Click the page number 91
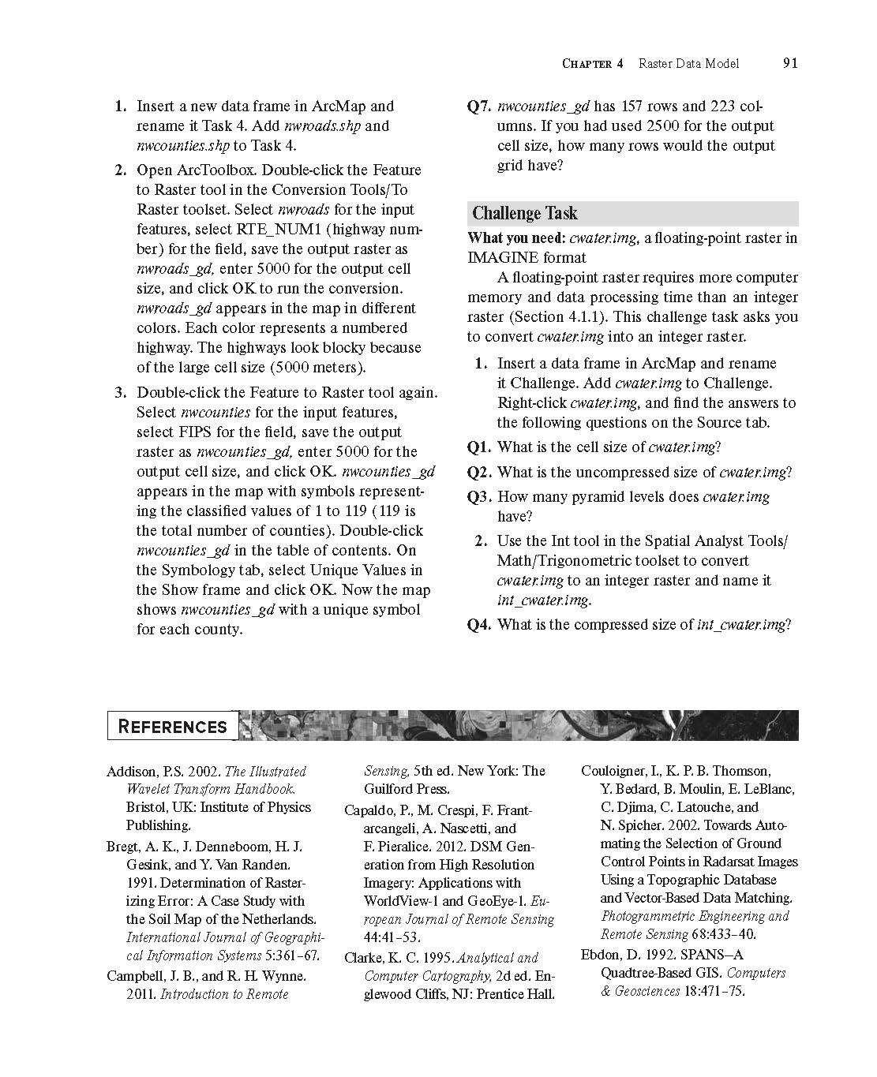pos(790,63)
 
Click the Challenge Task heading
pos(524,213)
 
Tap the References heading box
pos(172,727)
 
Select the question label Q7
pos(480,107)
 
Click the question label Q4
pos(480,625)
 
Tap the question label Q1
pos(480,447)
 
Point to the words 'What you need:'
pos(516,238)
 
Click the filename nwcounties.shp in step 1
pos(183,146)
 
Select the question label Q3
pos(480,497)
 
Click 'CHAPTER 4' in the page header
pos(592,64)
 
